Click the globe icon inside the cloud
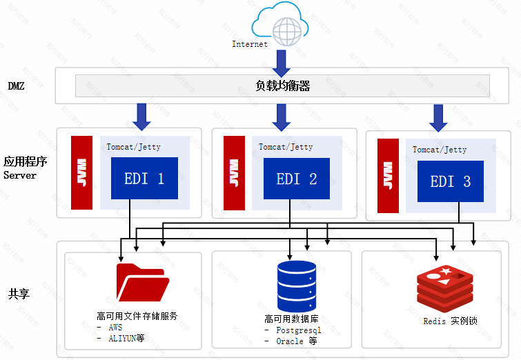click(x=288, y=30)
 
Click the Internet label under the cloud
click(x=250, y=44)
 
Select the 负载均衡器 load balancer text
click(x=282, y=86)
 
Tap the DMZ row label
click(x=17, y=86)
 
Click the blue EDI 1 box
click(x=144, y=179)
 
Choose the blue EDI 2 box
click(x=297, y=179)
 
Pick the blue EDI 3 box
click(x=451, y=181)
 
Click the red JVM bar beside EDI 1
click(x=81, y=172)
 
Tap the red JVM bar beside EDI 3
click(x=388, y=176)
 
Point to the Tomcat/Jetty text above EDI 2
click(x=286, y=147)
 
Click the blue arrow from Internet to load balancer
click(x=282, y=63)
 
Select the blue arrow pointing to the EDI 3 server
click(x=437, y=117)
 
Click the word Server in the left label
click(x=19, y=175)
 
